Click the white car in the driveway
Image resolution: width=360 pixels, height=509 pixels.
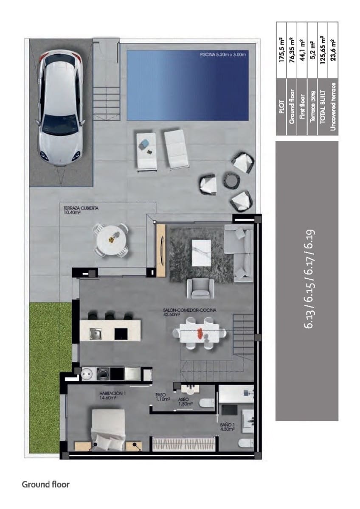coord(60,109)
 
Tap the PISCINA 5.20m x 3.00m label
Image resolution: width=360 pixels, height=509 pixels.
coord(222,55)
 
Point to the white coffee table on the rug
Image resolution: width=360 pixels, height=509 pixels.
coord(201,253)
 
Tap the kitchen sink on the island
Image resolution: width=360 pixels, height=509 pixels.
coord(95,333)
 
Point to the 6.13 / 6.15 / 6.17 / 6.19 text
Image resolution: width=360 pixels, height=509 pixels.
coord(309,279)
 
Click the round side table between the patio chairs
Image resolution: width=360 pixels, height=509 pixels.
coord(231,179)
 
